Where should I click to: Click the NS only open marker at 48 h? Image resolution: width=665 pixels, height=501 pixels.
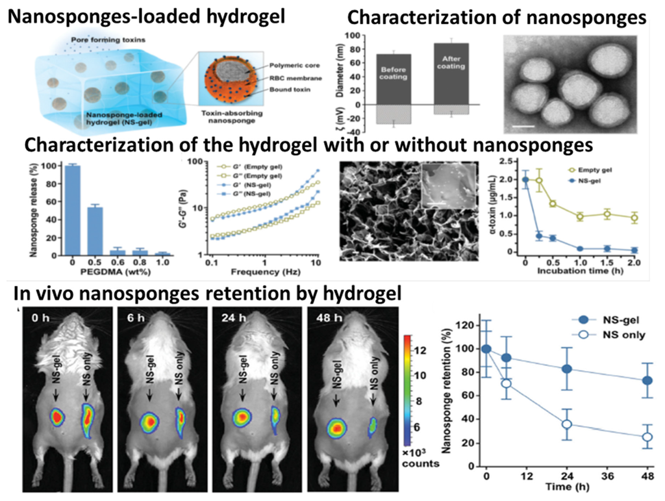(x=646, y=437)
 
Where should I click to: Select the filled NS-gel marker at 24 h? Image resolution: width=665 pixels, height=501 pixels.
(x=566, y=369)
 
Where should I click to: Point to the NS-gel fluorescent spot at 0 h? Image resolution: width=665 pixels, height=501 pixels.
(x=56, y=417)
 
